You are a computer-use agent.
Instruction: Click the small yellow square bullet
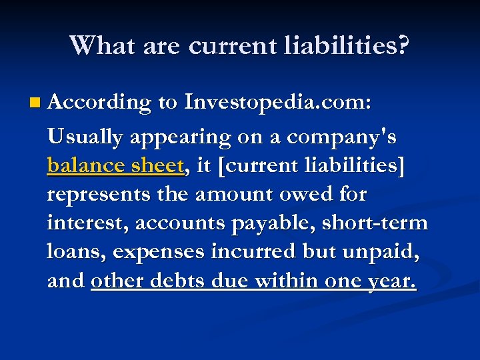click(35, 103)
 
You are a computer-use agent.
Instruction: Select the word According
click(99, 103)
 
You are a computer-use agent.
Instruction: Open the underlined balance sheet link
click(115, 167)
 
